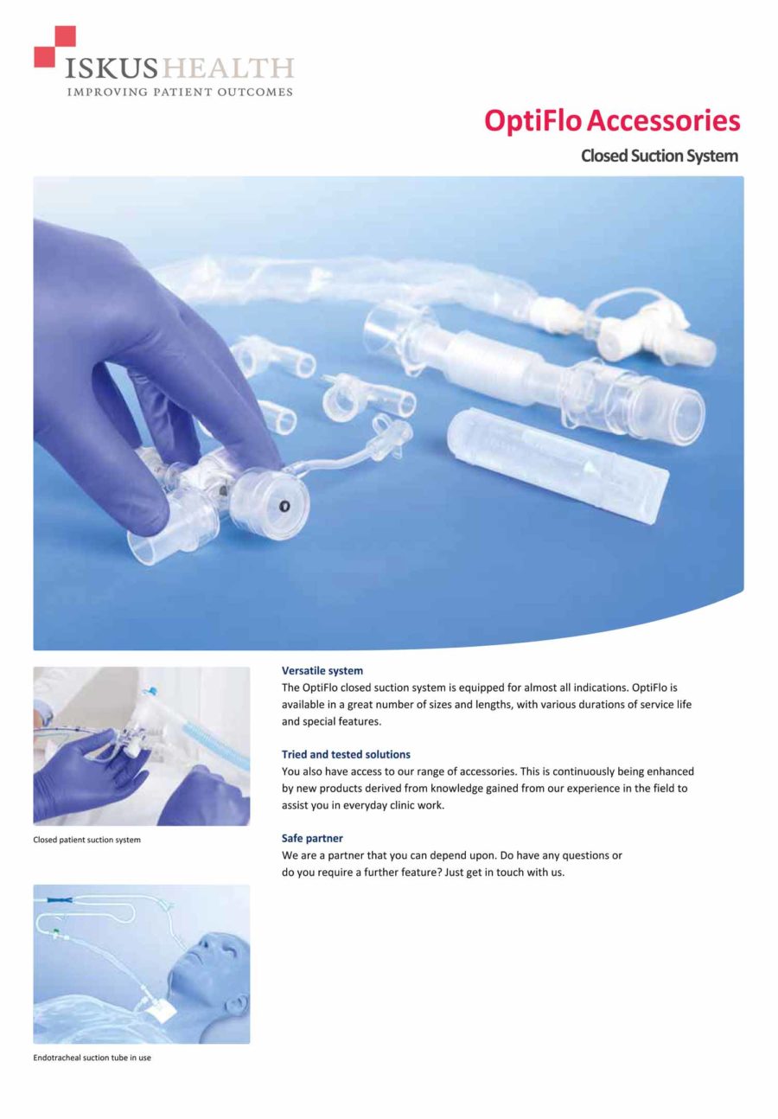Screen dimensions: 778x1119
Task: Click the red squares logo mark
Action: [x=55, y=47]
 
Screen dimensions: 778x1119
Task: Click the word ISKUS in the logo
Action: [x=111, y=68]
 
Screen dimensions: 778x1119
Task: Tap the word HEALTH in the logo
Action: [x=228, y=68]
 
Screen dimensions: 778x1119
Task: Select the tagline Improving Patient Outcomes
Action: [x=180, y=92]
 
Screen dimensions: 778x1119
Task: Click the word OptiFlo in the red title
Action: [x=532, y=120]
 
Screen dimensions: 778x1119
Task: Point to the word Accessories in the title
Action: [x=663, y=120]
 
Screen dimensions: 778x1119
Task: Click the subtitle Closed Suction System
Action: [x=660, y=156]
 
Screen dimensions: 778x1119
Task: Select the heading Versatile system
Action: [x=322, y=671]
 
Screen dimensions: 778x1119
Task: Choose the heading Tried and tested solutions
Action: [x=346, y=755]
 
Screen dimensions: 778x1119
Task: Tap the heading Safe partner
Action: [x=312, y=839]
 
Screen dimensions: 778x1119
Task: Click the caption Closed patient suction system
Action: [x=87, y=840]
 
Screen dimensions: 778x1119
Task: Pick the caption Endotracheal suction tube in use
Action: [x=92, y=1058]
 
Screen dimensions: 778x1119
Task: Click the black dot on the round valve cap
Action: [x=284, y=507]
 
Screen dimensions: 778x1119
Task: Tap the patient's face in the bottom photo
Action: [x=214, y=951]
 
